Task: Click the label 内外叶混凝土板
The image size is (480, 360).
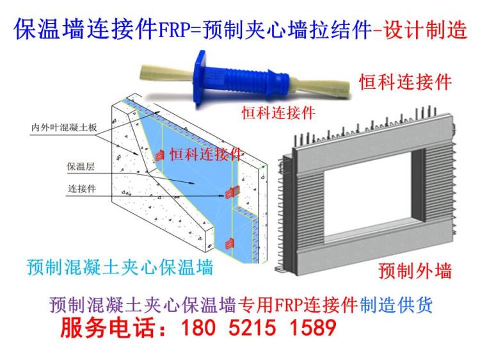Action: coord(64,127)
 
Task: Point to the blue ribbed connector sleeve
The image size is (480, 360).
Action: coord(243,84)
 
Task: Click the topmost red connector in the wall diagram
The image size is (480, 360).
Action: coord(160,155)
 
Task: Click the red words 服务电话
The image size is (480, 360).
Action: coord(106,329)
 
